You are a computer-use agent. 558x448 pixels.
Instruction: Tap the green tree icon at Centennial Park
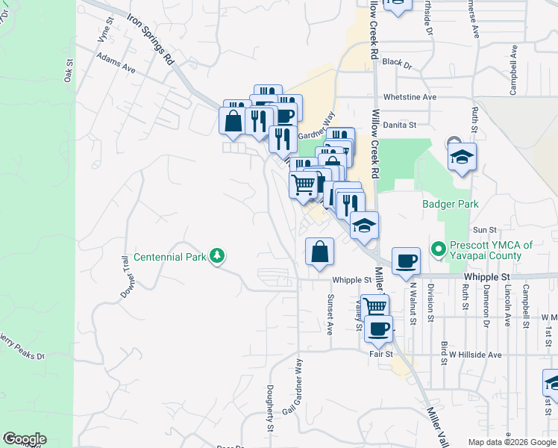pyautogui.click(x=217, y=256)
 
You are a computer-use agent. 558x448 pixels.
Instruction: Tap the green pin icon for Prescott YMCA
pyautogui.click(x=438, y=246)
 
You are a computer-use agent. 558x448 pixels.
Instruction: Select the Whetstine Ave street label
pyautogui.click(x=409, y=97)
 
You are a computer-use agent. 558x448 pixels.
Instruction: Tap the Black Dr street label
pyautogui.click(x=397, y=64)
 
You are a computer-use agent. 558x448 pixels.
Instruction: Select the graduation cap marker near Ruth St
pyautogui.click(x=462, y=158)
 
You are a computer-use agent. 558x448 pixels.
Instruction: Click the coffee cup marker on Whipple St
pyautogui.click(x=406, y=261)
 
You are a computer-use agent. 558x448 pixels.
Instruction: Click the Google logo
pyautogui.click(x=24, y=439)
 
